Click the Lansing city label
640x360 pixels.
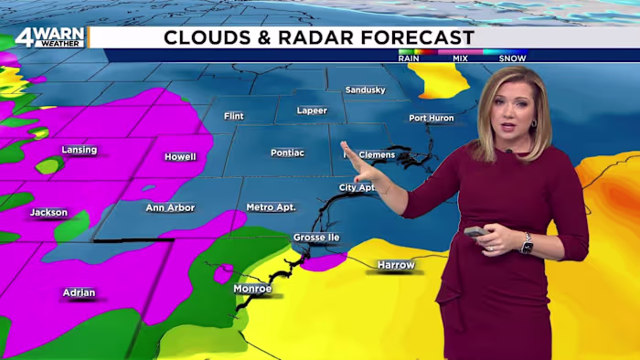coord(79,150)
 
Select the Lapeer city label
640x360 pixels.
coord(313,110)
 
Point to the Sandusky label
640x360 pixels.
coord(365,90)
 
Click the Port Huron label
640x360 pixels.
coord(431,118)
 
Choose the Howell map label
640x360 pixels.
coord(180,156)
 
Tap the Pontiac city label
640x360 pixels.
coord(287,153)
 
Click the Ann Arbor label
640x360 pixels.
coord(170,207)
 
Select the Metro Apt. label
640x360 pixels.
coord(271,207)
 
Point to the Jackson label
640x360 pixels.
coord(48,213)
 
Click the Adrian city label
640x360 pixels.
coord(79,292)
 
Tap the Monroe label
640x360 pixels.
coord(252,289)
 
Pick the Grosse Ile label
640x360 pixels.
coord(316,238)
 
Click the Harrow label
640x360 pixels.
coord(396,265)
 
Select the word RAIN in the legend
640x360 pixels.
coord(409,58)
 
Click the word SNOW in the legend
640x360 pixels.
coord(511,58)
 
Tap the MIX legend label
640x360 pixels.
coord(460,58)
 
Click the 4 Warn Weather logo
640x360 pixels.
coord(49,37)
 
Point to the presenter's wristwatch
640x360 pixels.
coord(526,243)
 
